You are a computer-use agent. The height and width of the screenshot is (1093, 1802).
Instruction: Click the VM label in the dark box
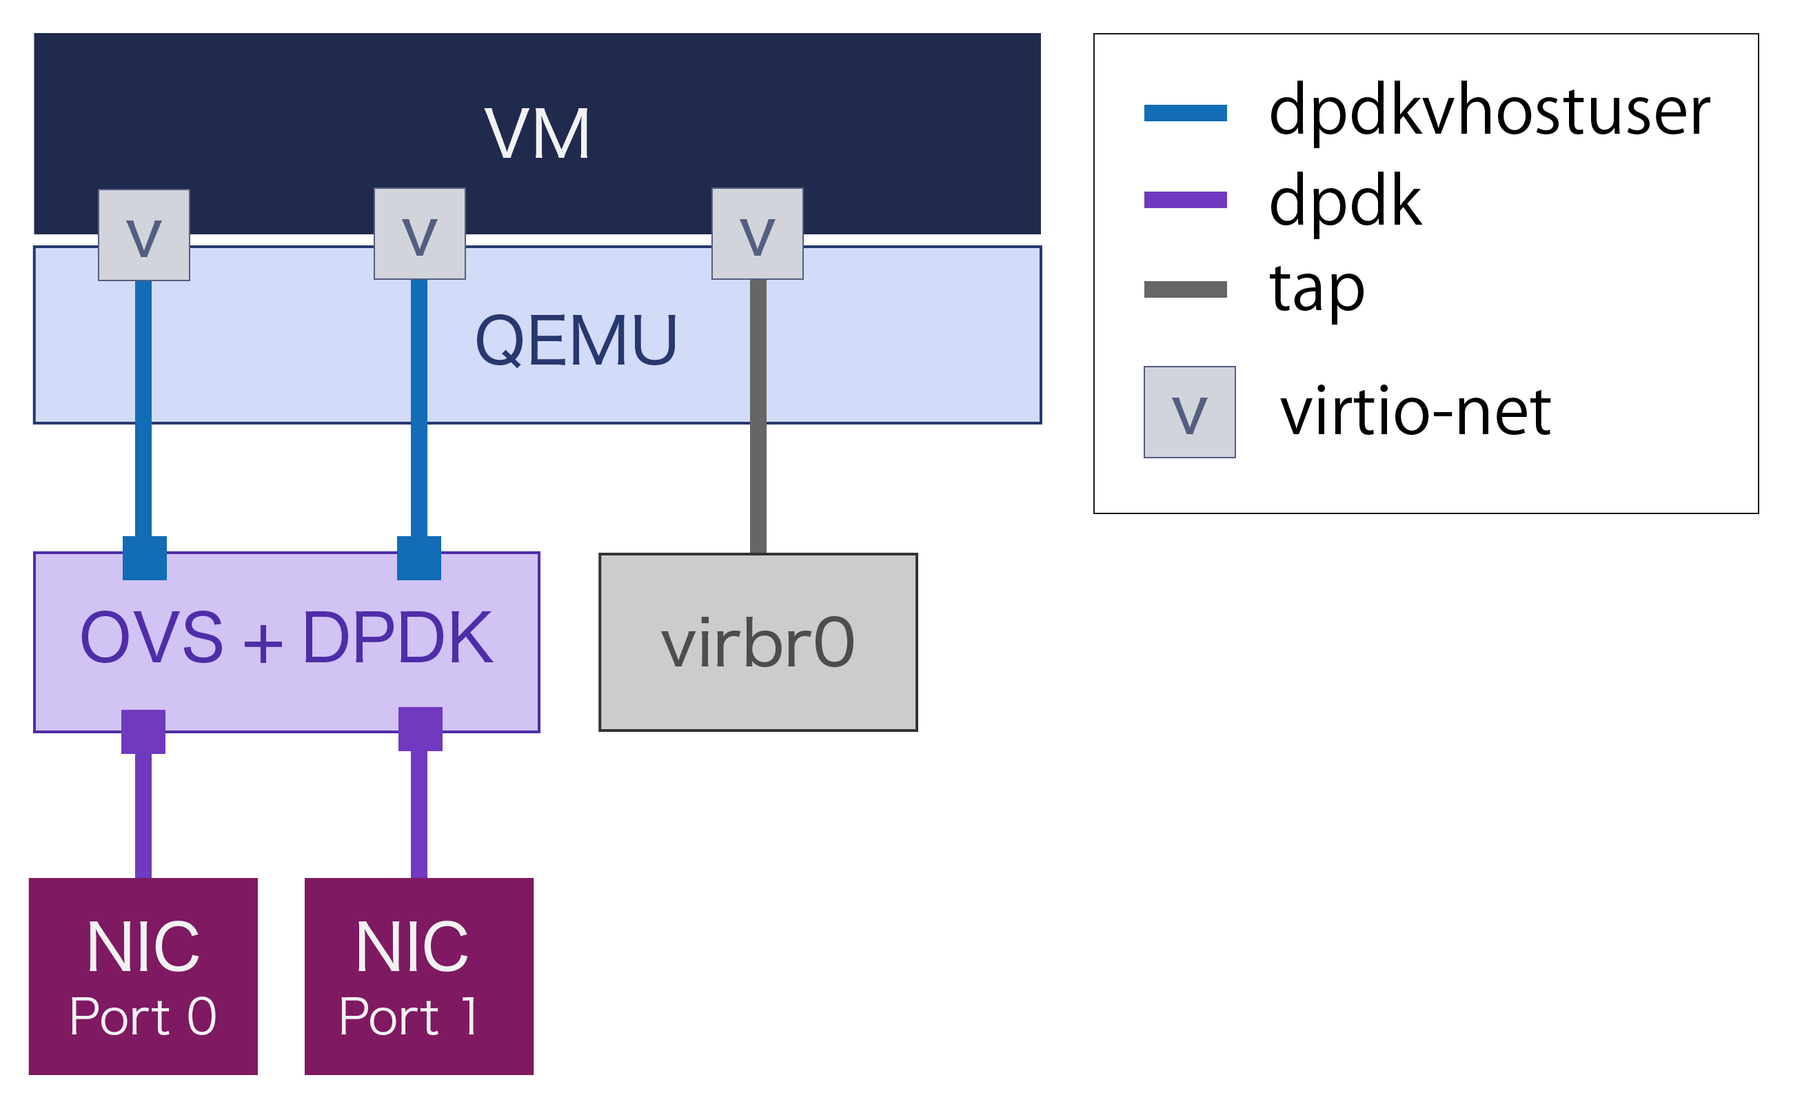click(x=538, y=134)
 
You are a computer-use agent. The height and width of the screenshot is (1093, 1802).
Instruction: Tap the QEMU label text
click(x=576, y=340)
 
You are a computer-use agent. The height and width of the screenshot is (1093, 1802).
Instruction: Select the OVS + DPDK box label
click(x=287, y=638)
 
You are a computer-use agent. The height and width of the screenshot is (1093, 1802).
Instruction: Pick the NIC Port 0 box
click(x=143, y=977)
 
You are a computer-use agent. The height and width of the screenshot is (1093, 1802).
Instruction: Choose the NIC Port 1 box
click(x=419, y=977)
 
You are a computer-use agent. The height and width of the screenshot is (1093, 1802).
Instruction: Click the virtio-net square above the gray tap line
click(x=758, y=234)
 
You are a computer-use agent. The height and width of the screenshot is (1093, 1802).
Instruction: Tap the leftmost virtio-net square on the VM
click(x=144, y=236)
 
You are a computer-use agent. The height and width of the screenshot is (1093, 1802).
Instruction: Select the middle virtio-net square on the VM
click(x=420, y=234)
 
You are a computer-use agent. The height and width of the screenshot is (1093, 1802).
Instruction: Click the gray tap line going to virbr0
click(x=758, y=417)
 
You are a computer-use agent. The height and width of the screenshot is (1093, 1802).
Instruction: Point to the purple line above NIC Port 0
click(x=143, y=815)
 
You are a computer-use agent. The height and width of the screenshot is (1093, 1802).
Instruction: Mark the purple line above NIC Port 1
click(x=419, y=815)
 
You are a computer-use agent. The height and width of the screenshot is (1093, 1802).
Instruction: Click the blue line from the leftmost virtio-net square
click(x=143, y=409)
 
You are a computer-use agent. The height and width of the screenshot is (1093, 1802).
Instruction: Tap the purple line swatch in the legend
click(x=1186, y=200)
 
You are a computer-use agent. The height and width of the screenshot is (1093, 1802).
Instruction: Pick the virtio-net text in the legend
click(x=1416, y=412)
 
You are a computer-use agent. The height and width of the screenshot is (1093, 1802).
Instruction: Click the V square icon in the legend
click(x=1190, y=412)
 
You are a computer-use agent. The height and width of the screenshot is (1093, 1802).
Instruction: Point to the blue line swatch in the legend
click(x=1186, y=113)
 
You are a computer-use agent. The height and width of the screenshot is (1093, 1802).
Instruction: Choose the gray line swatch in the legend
click(x=1186, y=289)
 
